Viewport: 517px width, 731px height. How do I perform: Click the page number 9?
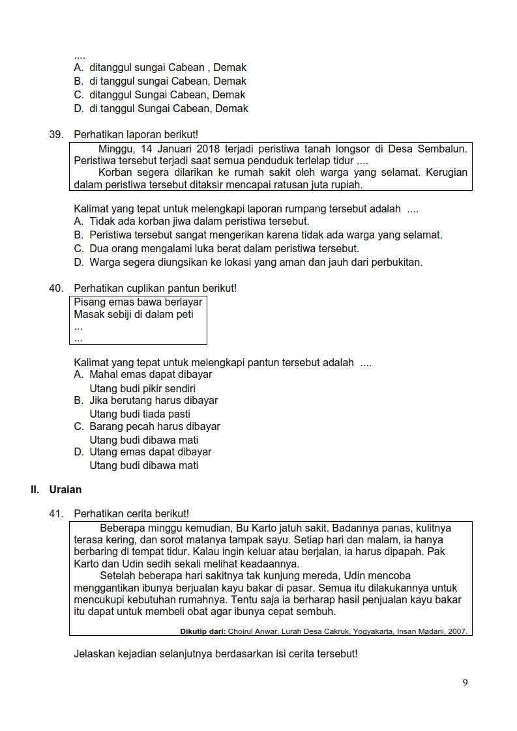pyautogui.click(x=465, y=683)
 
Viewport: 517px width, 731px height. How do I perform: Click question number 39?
pyautogui.click(x=55, y=135)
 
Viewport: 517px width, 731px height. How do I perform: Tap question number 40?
pyautogui.click(x=55, y=288)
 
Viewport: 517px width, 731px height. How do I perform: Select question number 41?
pyautogui.click(x=55, y=514)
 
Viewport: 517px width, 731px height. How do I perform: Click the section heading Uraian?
pyautogui.click(x=65, y=489)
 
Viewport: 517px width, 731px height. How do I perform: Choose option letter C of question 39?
pyautogui.click(x=78, y=249)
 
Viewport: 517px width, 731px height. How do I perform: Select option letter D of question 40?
pyautogui.click(x=78, y=452)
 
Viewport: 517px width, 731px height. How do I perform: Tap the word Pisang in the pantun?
pyautogui.click(x=89, y=302)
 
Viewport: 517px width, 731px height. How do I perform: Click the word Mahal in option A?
pyautogui.click(x=104, y=375)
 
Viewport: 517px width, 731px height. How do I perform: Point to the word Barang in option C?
pyautogui.click(x=106, y=427)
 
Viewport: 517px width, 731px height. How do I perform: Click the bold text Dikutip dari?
pyautogui.click(x=202, y=631)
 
